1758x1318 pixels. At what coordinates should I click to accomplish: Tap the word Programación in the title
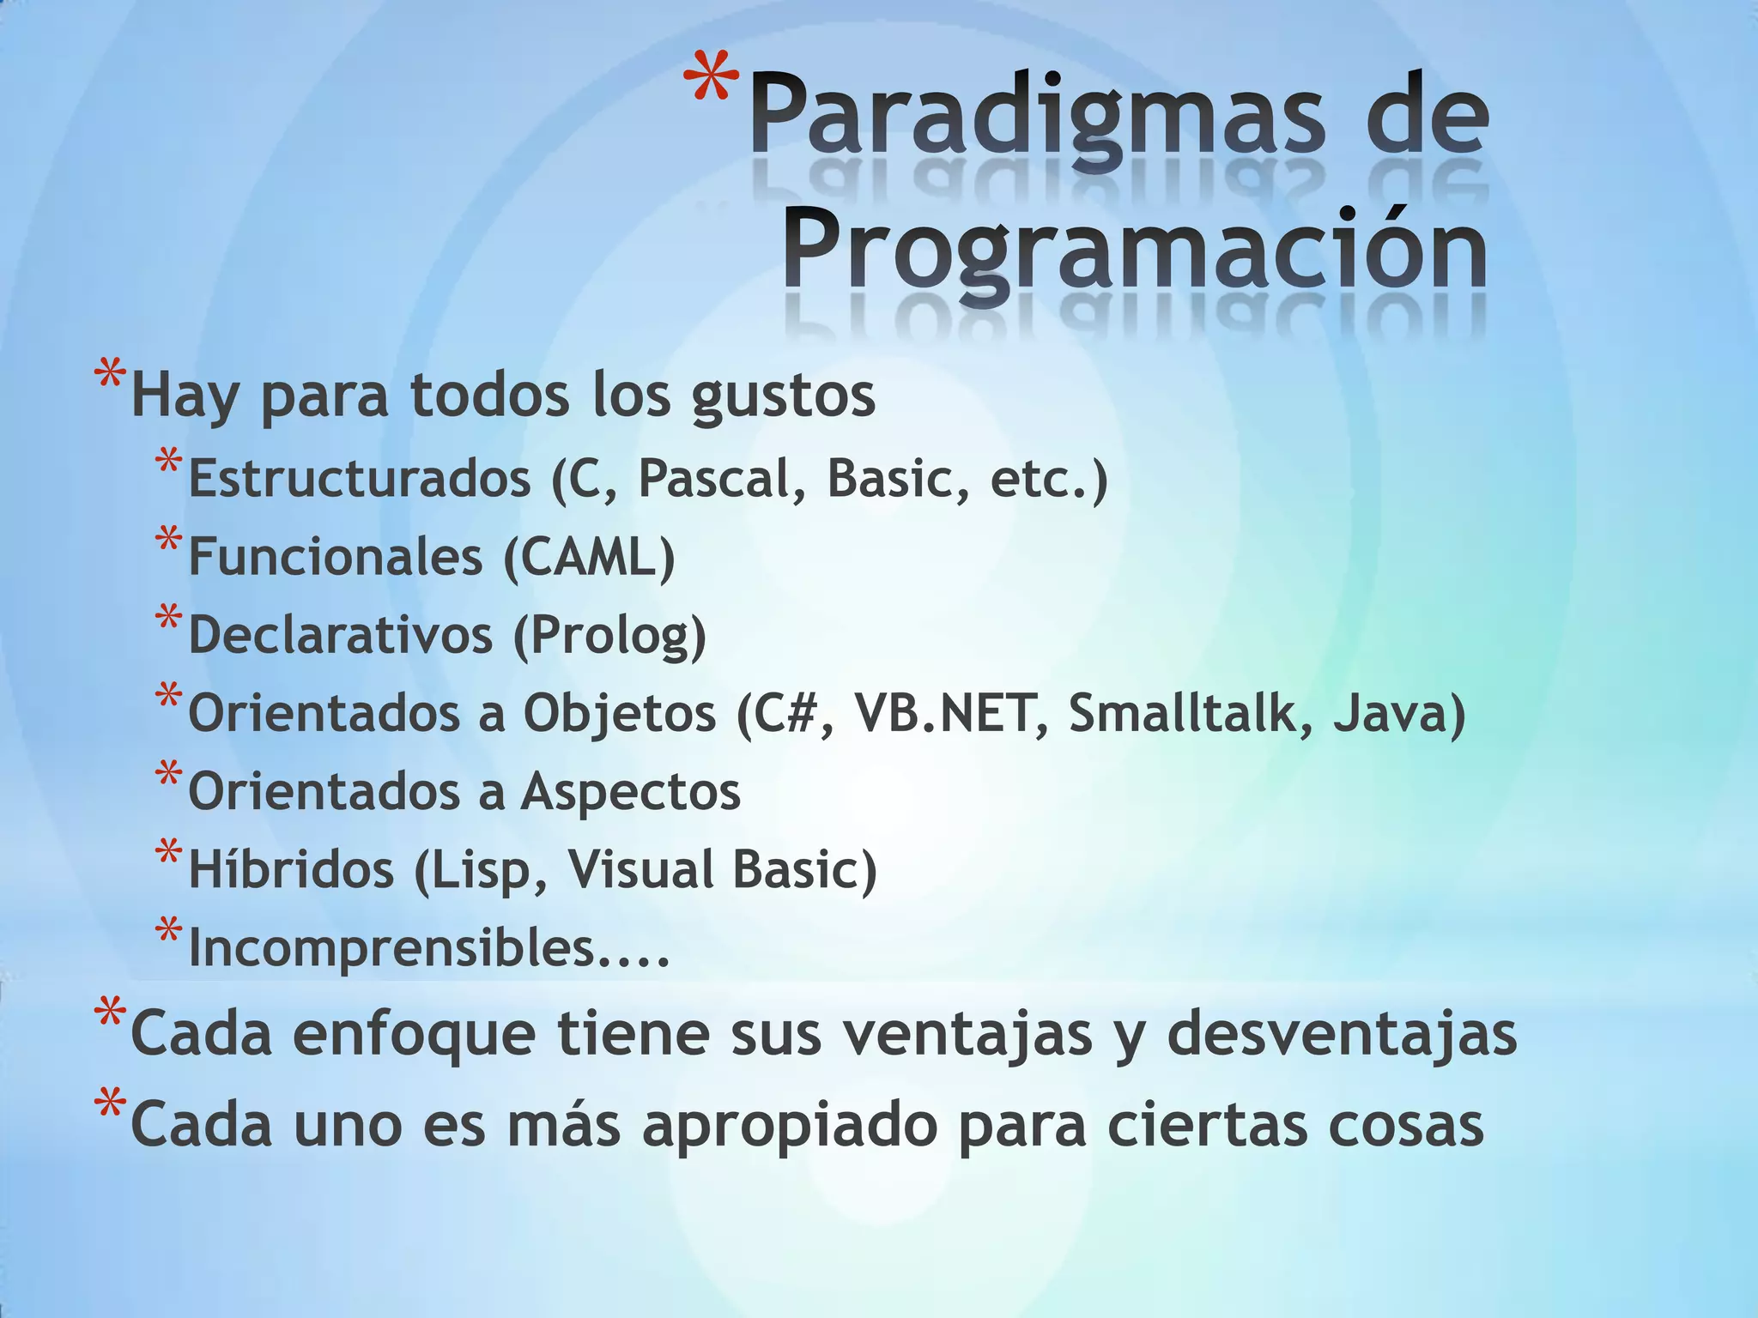click(x=1135, y=249)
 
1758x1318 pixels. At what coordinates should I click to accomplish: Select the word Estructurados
click(x=359, y=479)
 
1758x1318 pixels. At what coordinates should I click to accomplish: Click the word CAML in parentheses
click(x=589, y=557)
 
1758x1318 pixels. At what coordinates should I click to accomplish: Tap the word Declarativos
click(x=341, y=636)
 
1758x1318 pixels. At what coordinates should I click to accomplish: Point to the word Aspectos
click(x=631, y=791)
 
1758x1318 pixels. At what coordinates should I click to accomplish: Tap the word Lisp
click(x=489, y=869)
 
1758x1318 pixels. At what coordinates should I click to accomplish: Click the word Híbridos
click(x=290, y=869)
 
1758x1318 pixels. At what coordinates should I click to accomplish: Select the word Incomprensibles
click(x=391, y=947)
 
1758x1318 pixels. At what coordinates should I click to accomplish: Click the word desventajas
click(x=1342, y=1033)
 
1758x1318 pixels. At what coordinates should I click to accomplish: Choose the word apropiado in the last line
click(x=790, y=1125)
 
